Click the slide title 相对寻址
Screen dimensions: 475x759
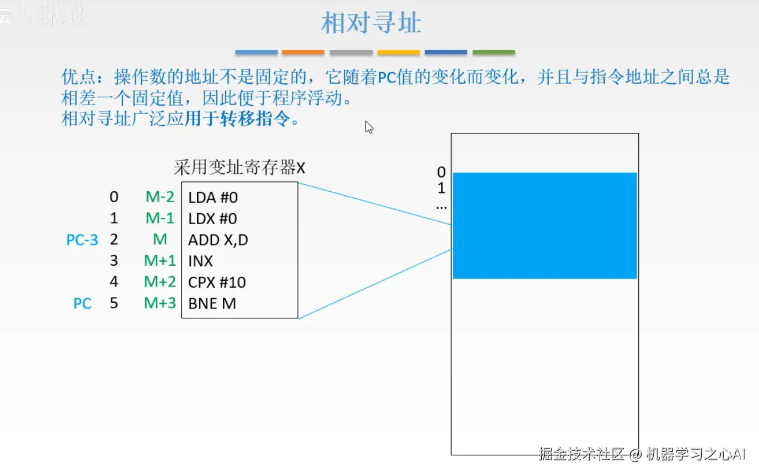tap(371, 24)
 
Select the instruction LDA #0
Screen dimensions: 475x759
tap(213, 198)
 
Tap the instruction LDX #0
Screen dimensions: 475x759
tap(213, 219)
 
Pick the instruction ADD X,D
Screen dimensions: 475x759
tap(218, 240)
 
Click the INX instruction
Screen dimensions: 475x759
tap(200, 261)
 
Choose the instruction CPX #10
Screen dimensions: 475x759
tap(217, 282)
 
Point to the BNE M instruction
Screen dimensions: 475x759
tap(212, 303)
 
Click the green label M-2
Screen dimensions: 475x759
tap(159, 198)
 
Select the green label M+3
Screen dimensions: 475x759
tap(160, 303)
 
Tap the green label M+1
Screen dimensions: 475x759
tap(160, 261)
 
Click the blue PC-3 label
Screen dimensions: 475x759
tap(82, 240)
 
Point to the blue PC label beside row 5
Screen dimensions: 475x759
tap(83, 303)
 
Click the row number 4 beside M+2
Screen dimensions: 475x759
tap(114, 282)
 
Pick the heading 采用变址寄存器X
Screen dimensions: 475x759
tap(239, 168)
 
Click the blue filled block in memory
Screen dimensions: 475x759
tap(545, 225)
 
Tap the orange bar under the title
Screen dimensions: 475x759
tap(303, 53)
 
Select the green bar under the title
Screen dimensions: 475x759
tap(493, 53)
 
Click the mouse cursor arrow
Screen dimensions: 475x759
tap(369, 127)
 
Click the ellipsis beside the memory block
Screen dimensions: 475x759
tap(441, 206)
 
